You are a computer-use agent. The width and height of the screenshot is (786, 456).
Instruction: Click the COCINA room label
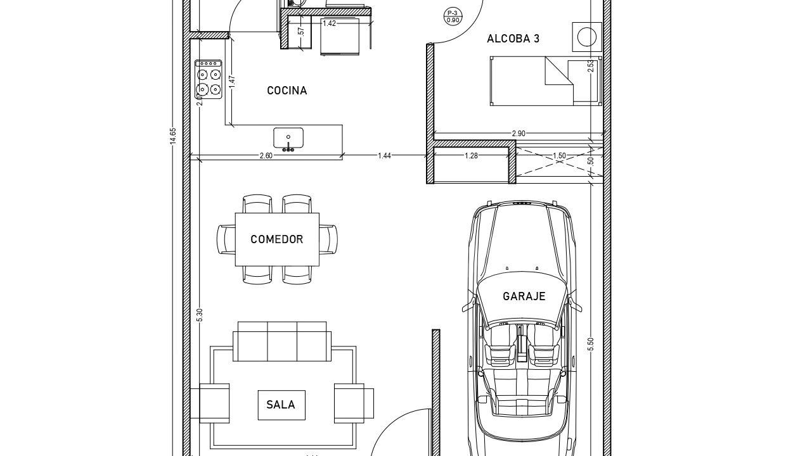[x=287, y=91]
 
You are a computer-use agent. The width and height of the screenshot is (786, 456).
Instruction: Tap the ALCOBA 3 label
[x=513, y=39]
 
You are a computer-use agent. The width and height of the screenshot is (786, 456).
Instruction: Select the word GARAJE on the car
[x=524, y=296]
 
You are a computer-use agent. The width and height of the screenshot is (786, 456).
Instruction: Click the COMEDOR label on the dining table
[x=276, y=239]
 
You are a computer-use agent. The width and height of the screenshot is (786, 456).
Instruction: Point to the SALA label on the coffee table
[x=280, y=405]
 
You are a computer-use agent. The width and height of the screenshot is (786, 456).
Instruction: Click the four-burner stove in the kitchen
[x=209, y=80]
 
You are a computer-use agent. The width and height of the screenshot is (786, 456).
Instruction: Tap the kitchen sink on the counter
[x=288, y=137]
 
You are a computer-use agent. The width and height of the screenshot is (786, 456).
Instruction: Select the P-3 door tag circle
[x=453, y=16]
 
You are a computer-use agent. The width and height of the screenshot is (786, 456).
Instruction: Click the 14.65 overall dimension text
[x=172, y=136]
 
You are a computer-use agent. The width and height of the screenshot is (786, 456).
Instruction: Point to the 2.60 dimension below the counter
[x=266, y=156]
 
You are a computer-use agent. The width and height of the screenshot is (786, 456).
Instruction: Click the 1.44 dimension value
[x=384, y=156]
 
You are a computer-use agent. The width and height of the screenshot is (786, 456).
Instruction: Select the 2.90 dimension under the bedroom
[x=519, y=134]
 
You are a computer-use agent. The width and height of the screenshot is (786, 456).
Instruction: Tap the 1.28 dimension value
[x=471, y=156]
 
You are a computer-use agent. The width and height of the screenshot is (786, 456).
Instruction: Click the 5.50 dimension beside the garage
[x=591, y=345]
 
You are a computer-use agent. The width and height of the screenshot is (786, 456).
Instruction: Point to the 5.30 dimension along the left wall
[x=200, y=315]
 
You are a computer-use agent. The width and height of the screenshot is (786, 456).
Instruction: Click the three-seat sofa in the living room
[x=283, y=341]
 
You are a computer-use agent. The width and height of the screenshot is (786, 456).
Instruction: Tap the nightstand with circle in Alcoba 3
[x=586, y=37]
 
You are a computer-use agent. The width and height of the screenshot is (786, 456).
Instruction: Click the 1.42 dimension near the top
[x=329, y=23]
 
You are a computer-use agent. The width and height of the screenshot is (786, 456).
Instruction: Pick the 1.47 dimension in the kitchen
[x=232, y=81]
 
